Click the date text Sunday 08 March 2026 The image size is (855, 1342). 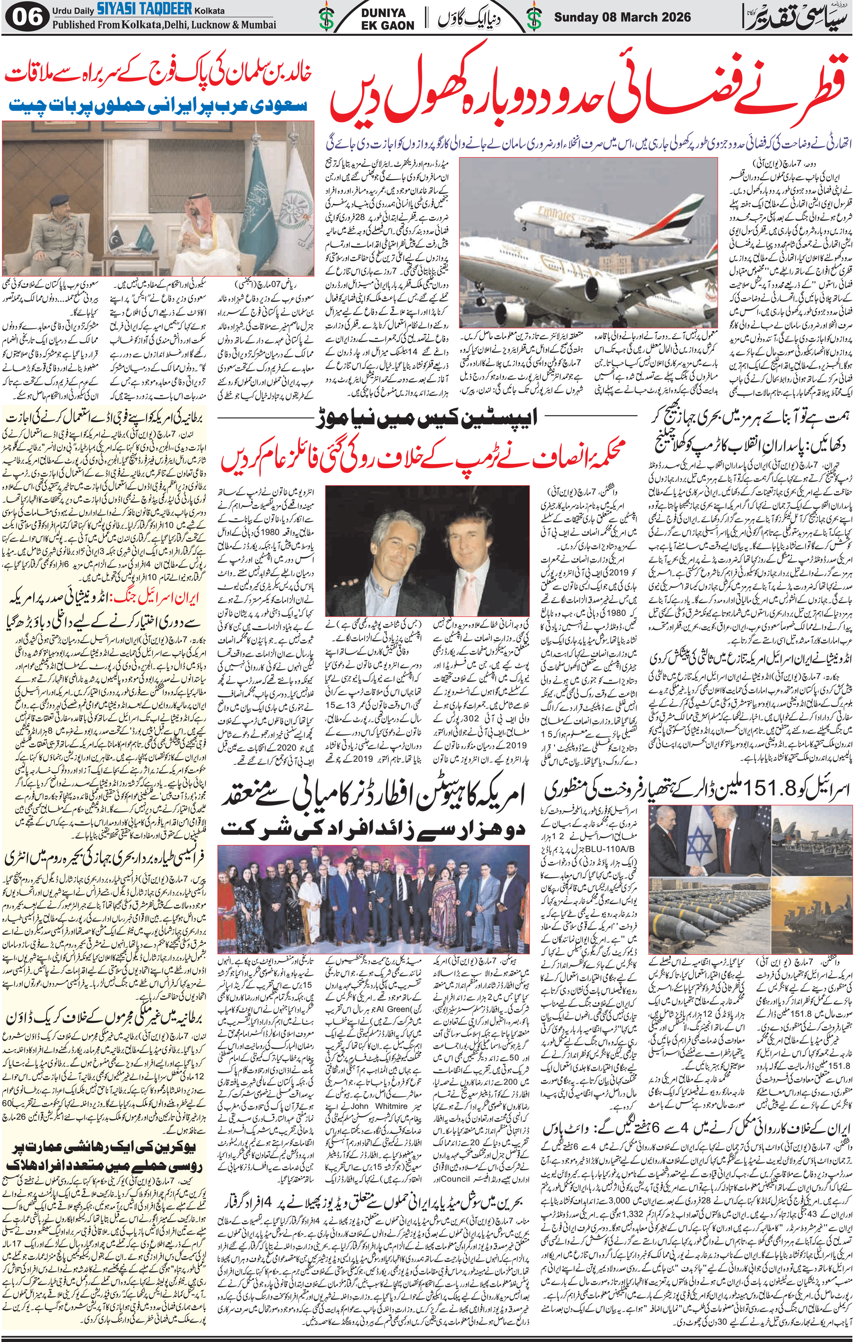point(623,17)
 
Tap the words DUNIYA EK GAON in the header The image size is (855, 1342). point(389,19)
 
